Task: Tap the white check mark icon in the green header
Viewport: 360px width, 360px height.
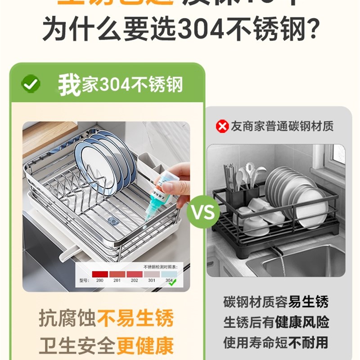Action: [31, 84]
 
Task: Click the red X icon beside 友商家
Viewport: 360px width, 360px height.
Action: [222, 126]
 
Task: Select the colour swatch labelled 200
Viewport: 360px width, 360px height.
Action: [100, 274]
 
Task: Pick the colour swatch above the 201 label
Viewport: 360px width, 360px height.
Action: [117, 274]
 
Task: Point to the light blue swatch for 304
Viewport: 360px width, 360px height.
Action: [169, 274]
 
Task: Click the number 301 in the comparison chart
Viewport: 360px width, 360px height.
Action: [152, 281]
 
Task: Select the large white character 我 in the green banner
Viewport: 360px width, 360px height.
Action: [69, 84]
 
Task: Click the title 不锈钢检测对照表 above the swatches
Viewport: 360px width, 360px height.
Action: [160, 267]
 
